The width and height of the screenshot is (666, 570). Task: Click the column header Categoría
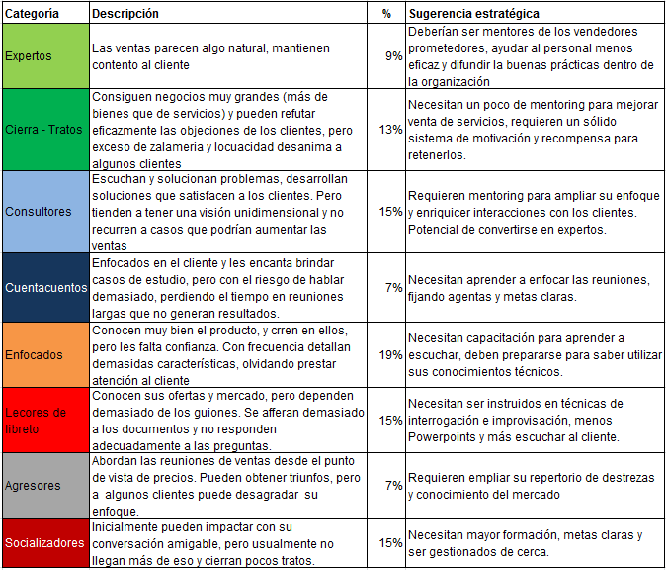(31, 14)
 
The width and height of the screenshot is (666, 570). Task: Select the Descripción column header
(125, 14)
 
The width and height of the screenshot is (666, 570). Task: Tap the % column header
(385, 14)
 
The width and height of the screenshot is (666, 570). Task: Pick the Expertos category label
(29, 57)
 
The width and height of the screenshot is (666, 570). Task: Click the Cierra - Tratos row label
(42, 130)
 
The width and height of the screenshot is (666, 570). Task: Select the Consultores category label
(39, 211)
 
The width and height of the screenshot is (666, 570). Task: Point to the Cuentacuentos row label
(44, 287)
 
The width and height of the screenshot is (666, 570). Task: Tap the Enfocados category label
(35, 353)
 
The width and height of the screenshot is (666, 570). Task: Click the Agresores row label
(34, 485)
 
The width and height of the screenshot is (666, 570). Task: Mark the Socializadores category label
(44, 542)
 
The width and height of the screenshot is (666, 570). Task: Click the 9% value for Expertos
(393, 57)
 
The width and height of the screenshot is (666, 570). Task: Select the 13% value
(390, 130)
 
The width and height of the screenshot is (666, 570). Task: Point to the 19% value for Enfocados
(390, 353)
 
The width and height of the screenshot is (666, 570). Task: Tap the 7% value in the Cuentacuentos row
(393, 287)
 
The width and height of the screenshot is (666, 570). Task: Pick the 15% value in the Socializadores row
(390, 542)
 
